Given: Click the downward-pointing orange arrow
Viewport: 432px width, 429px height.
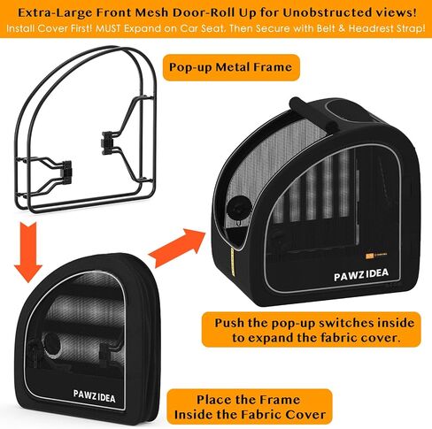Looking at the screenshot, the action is click(x=28, y=251).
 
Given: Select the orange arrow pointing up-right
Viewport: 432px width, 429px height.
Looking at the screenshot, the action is click(x=177, y=248).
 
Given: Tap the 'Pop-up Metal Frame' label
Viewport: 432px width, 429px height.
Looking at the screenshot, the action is click(x=231, y=67).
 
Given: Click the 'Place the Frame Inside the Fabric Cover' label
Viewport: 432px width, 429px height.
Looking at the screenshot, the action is click(x=250, y=407).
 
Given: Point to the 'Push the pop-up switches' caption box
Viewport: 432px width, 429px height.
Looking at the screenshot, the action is click(x=312, y=330).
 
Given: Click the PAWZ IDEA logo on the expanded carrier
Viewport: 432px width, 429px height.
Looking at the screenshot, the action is click(x=361, y=274).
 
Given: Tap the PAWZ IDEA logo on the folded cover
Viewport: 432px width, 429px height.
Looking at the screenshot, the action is click(x=95, y=396).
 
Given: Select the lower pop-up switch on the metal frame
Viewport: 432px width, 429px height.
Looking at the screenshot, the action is click(x=66, y=170).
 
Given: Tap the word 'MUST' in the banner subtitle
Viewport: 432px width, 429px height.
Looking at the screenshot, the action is click(x=108, y=28).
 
